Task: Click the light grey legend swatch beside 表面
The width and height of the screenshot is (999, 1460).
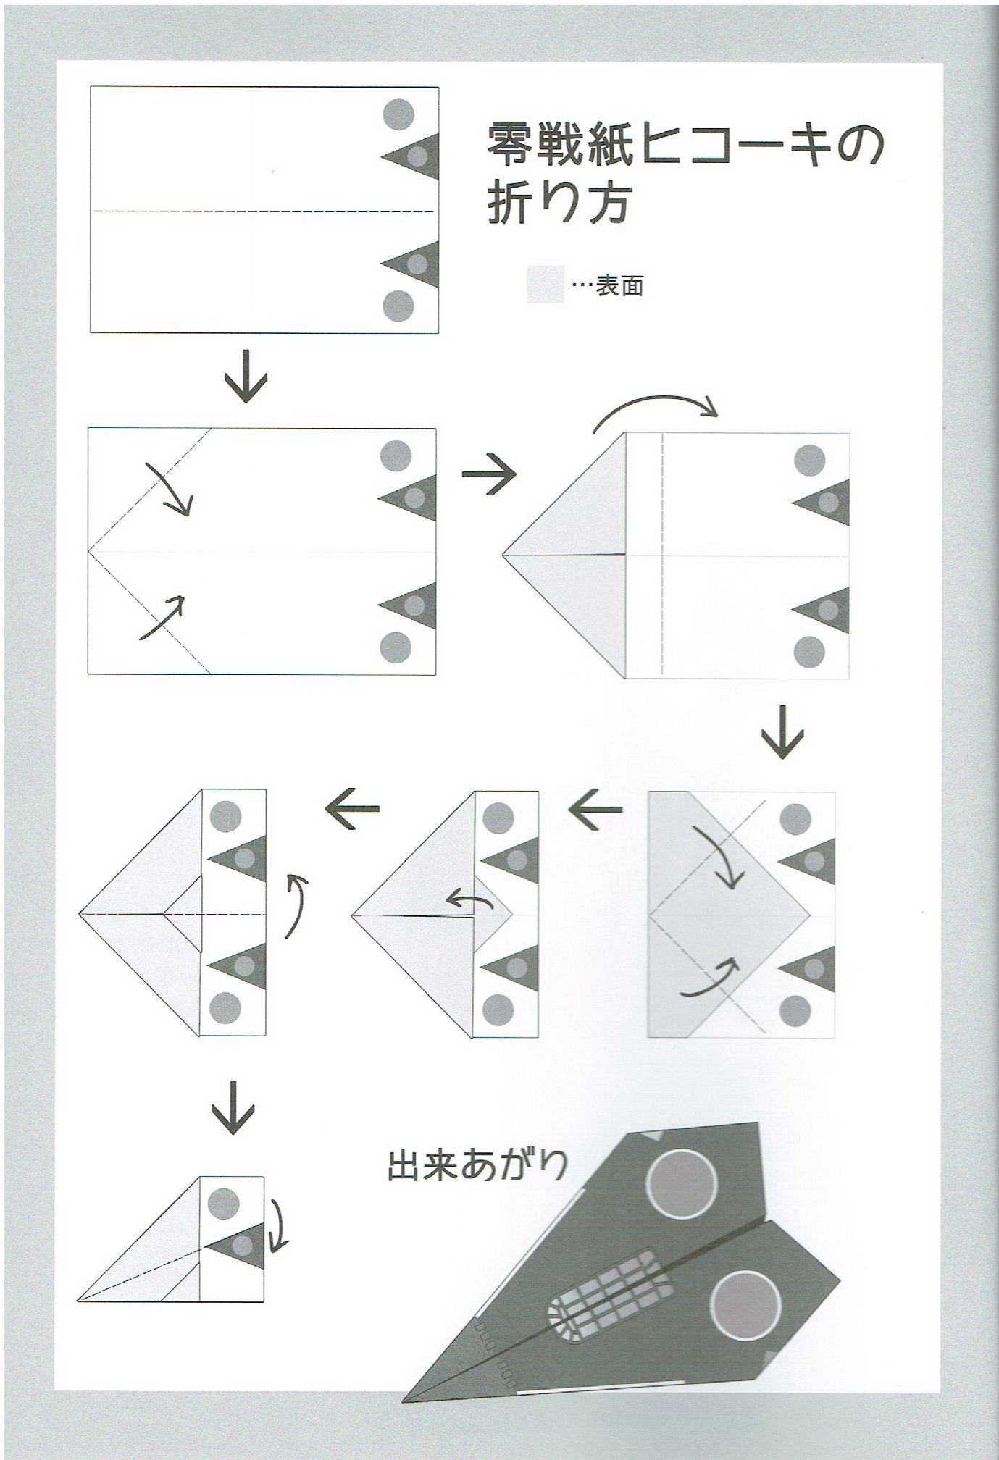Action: [545, 285]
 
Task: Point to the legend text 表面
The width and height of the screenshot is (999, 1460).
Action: [619, 287]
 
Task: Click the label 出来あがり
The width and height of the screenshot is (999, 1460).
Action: [477, 1165]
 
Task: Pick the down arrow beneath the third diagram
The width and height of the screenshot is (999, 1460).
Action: [782, 731]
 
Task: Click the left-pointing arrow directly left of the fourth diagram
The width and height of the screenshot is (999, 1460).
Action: [595, 807]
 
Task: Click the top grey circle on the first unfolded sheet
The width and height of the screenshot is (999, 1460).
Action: [398, 114]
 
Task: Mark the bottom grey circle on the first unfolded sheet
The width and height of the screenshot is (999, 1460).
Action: [398, 306]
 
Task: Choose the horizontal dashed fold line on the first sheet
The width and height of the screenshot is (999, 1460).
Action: [262, 211]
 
